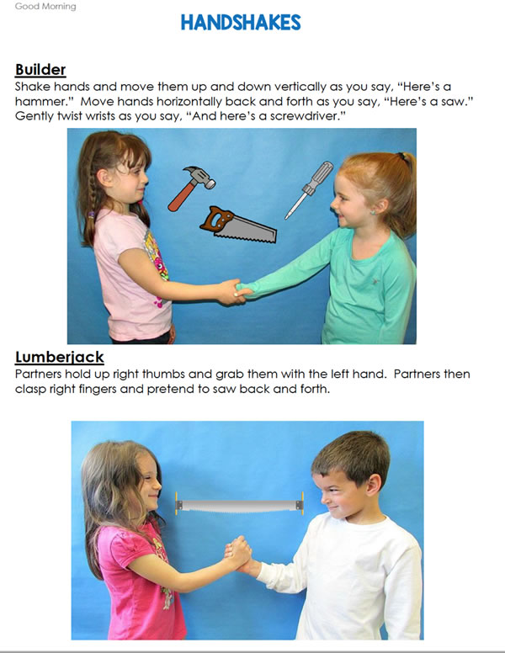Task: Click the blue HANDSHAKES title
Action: coord(241,23)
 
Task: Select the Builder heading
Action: coord(40,69)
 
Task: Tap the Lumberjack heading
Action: coord(60,357)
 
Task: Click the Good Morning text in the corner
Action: coord(45,6)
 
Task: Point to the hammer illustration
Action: coord(191,188)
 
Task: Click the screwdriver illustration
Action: coord(309,190)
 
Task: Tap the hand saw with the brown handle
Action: coord(238,225)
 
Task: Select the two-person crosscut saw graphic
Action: coord(239,505)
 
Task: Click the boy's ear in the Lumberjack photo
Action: coord(372,486)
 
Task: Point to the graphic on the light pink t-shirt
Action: coord(156,267)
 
